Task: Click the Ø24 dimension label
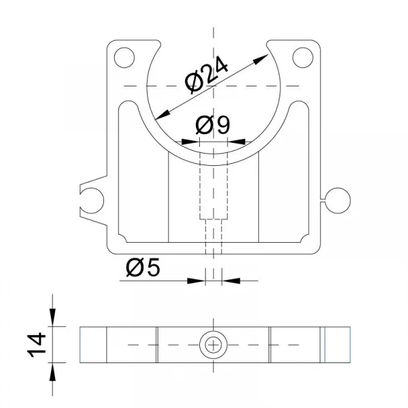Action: point(206,75)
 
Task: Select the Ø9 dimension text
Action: point(213,124)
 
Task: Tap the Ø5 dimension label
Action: point(143,267)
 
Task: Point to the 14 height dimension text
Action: point(37,345)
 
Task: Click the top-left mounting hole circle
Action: point(124,58)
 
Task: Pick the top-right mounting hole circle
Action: point(303,58)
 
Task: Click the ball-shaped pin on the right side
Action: point(338,201)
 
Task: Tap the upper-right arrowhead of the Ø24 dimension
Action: point(260,58)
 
